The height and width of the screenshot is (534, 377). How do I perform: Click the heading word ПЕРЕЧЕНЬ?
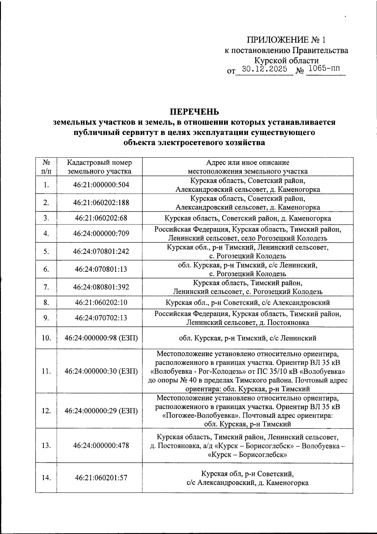click(194, 112)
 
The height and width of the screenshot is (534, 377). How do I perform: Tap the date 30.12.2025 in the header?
click(265, 69)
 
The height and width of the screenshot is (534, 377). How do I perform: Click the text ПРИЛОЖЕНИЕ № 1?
click(286, 40)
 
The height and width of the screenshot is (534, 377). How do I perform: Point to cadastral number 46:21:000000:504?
click(101, 185)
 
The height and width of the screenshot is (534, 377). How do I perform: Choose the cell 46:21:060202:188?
click(101, 202)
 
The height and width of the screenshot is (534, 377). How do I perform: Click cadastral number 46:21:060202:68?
click(101, 218)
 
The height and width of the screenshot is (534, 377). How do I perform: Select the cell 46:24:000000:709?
click(101, 234)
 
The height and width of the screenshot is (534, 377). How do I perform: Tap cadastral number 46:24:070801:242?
click(101, 251)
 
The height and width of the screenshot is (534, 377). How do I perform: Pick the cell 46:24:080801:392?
click(101, 287)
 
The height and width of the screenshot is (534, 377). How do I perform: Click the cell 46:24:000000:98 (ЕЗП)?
click(101, 338)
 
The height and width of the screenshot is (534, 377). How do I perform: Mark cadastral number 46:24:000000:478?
click(101, 445)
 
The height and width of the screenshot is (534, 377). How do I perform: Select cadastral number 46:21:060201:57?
click(101, 477)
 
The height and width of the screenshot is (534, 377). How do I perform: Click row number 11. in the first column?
click(46, 371)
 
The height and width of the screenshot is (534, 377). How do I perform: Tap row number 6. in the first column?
click(46, 269)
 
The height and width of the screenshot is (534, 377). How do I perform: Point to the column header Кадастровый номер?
click(100, 163)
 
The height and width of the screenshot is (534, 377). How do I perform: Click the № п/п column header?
click(46, 167)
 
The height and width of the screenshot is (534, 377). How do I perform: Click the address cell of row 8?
click(248, 303)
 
